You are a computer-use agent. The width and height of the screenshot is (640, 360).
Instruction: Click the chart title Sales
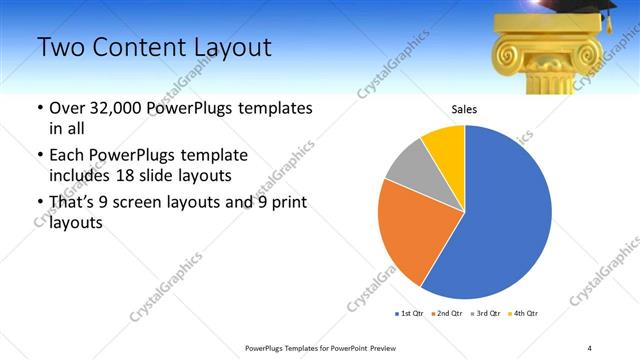click(x=464, y=108)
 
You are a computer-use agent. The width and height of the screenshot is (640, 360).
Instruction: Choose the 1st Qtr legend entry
click(x=409, y=314)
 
